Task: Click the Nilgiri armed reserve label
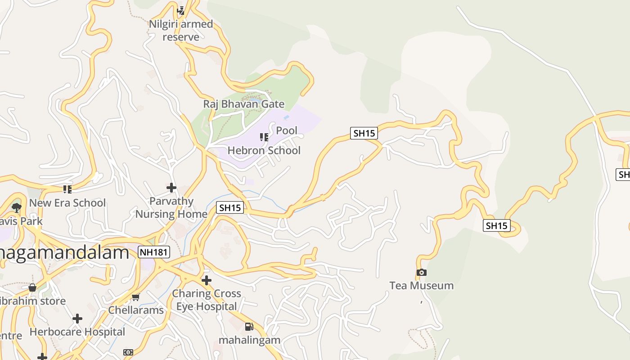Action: pos(181,30)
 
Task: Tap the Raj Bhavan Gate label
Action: pos(243,104)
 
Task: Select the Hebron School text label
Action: pos(264,150)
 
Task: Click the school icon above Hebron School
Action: pos(264,137)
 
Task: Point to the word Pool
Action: pos(287,130)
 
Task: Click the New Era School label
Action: pos(67,203)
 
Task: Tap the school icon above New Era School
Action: pos(67,189)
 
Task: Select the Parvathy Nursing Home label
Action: pos(171,207)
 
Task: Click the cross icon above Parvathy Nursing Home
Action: pos(171,188)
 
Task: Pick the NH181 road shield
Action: pos(154,252)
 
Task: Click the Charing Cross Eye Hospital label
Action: pos(207,300)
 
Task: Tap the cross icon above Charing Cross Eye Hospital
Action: pos(207,280)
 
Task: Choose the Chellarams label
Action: pos(136,310)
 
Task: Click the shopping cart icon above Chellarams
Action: pos(136,297)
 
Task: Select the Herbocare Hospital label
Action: pos(77,332)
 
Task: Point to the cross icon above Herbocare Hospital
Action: pos(77,319)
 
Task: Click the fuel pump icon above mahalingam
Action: pos(249,327)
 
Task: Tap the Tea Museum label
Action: pos(422,286)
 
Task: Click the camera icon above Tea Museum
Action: pos(422,273)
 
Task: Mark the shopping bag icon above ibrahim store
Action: pos(32,288)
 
